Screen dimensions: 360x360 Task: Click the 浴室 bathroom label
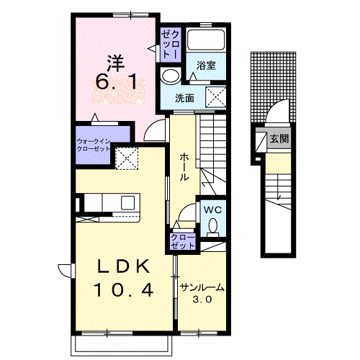[x=206, y=66]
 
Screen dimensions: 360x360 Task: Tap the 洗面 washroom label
[x=184, y=99]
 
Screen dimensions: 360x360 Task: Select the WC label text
[x=212, y=210]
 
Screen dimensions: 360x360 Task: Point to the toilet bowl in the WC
[x=213, y=226]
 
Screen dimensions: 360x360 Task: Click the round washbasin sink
[x=171, y=76]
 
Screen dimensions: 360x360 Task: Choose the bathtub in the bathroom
[x=206, y=40]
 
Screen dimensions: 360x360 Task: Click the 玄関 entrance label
[x=279, y=138]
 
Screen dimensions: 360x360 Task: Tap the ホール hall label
[x=184, y=167]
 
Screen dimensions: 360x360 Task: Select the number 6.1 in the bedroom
[x=117, y=81]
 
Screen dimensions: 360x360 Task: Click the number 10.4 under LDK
[x=123, y=289]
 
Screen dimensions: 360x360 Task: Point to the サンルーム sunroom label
[x=202, y=287]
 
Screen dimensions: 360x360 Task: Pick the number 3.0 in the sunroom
[x=202, y=300]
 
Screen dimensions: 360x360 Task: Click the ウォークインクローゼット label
[x=94, y=145]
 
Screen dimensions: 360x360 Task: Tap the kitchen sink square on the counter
[x=127, y=202]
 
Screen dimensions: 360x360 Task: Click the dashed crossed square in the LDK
[x=127, y=158]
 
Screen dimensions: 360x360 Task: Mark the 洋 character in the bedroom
[x=116, y=63]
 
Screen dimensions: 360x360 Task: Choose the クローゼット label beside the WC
[x=182, y=241]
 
